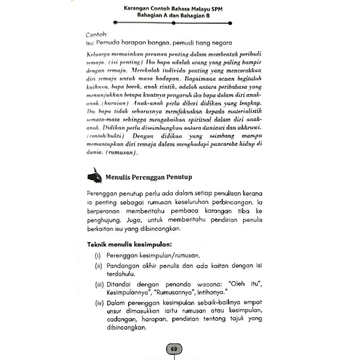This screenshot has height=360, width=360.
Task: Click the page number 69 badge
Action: (174, 349)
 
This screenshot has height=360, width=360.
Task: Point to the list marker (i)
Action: (98, 256)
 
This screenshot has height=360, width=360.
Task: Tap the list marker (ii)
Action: (98, 265)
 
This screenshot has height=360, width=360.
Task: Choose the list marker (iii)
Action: (99, 284)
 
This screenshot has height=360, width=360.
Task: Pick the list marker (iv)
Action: (99, 302)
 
